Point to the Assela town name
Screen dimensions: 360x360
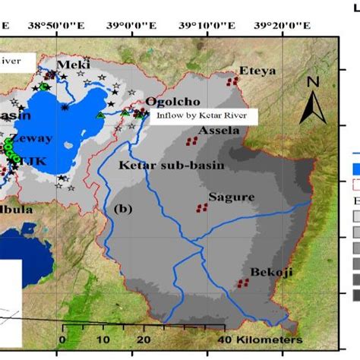coord(219,130)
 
